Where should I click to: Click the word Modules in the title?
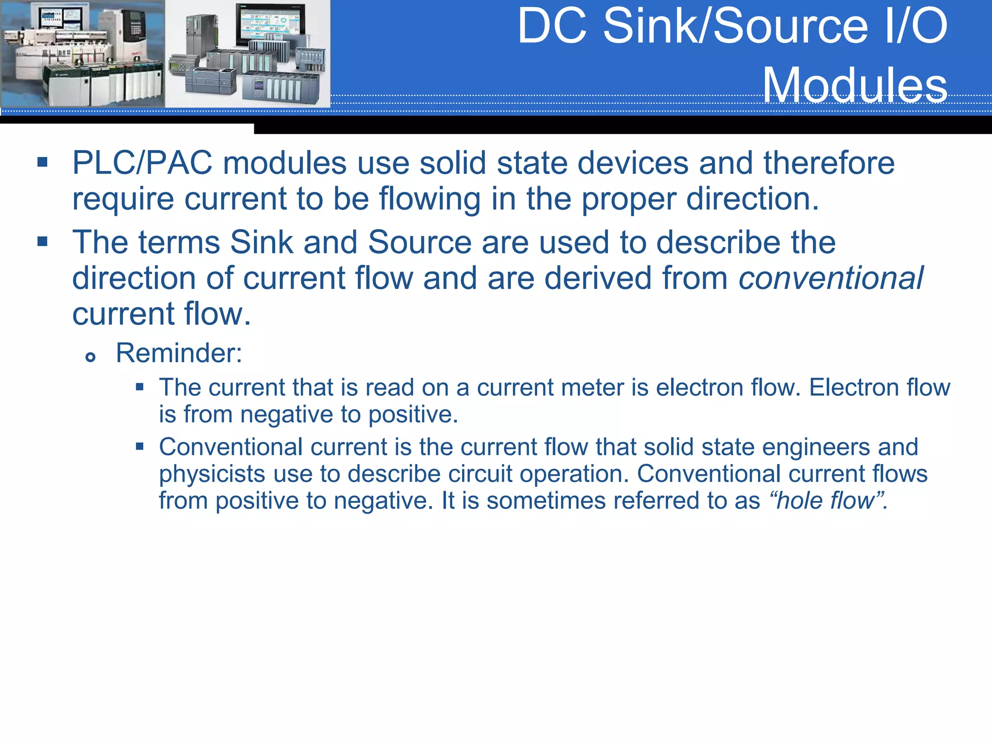click(855, 85)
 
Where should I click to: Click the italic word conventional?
click(831, 278)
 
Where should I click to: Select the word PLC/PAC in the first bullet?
click(142, 163)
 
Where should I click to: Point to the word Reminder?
click(179, 353)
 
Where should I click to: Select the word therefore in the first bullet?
click(829, 163)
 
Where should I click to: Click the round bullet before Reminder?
click(90, 357)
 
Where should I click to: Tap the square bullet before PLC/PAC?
click(43, 162)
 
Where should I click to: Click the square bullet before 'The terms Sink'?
click(43, 241)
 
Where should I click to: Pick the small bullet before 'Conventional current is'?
click(140, 446)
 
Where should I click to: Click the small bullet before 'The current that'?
click(140, 387)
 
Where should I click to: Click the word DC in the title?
click(552, 26)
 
